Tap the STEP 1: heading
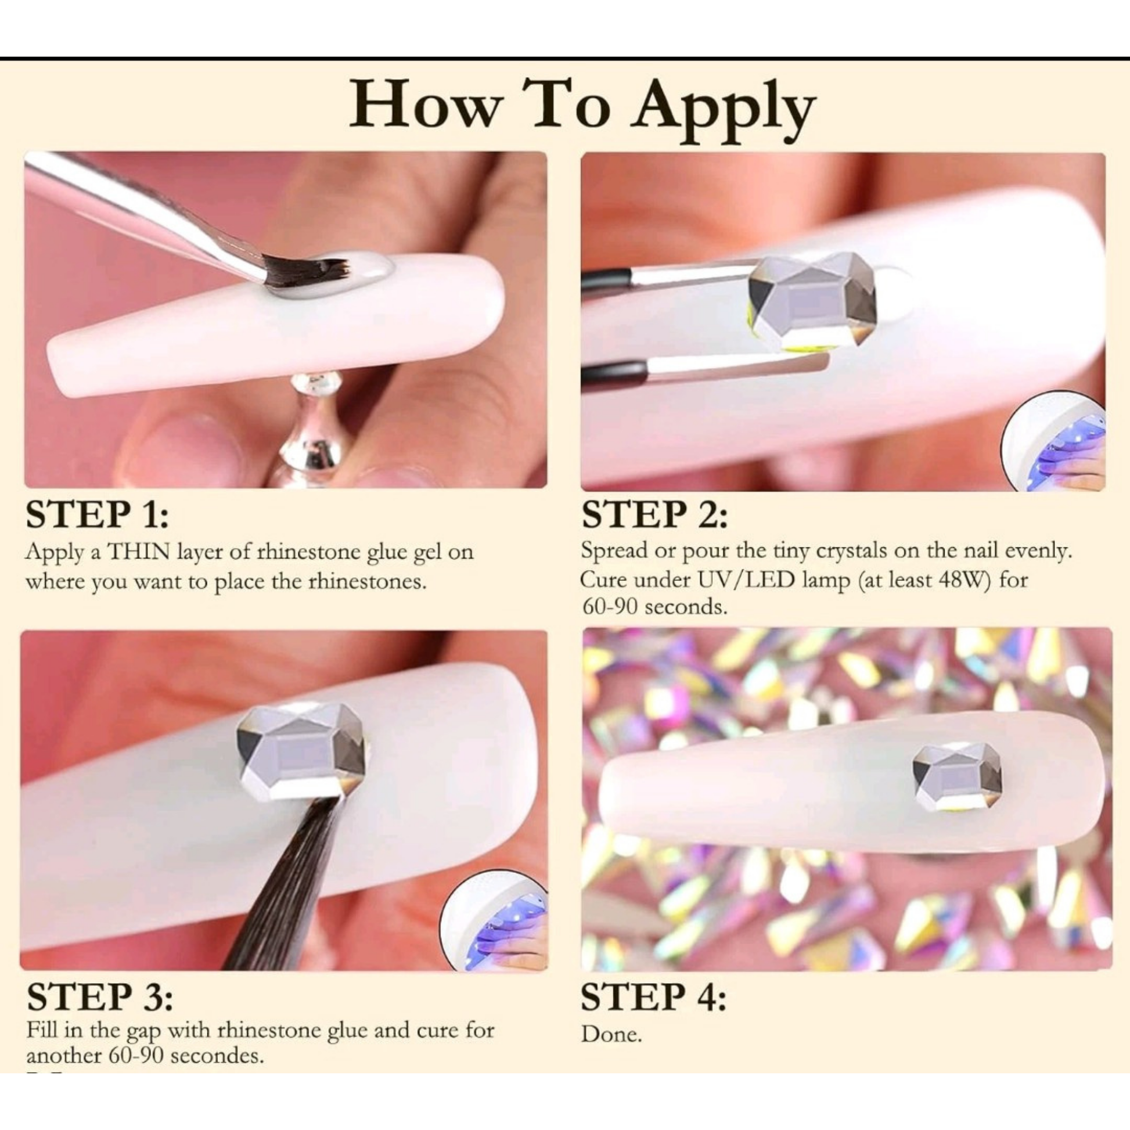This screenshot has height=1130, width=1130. pyautogui.click(x=97, y=514)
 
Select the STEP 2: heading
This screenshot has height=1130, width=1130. pyautogui.click(x=654, y=514)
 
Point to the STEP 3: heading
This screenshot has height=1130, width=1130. pyautogui.click(x=99, y=996)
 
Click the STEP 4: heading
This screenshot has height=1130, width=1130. pyautogui.click(x=653, y=996)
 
